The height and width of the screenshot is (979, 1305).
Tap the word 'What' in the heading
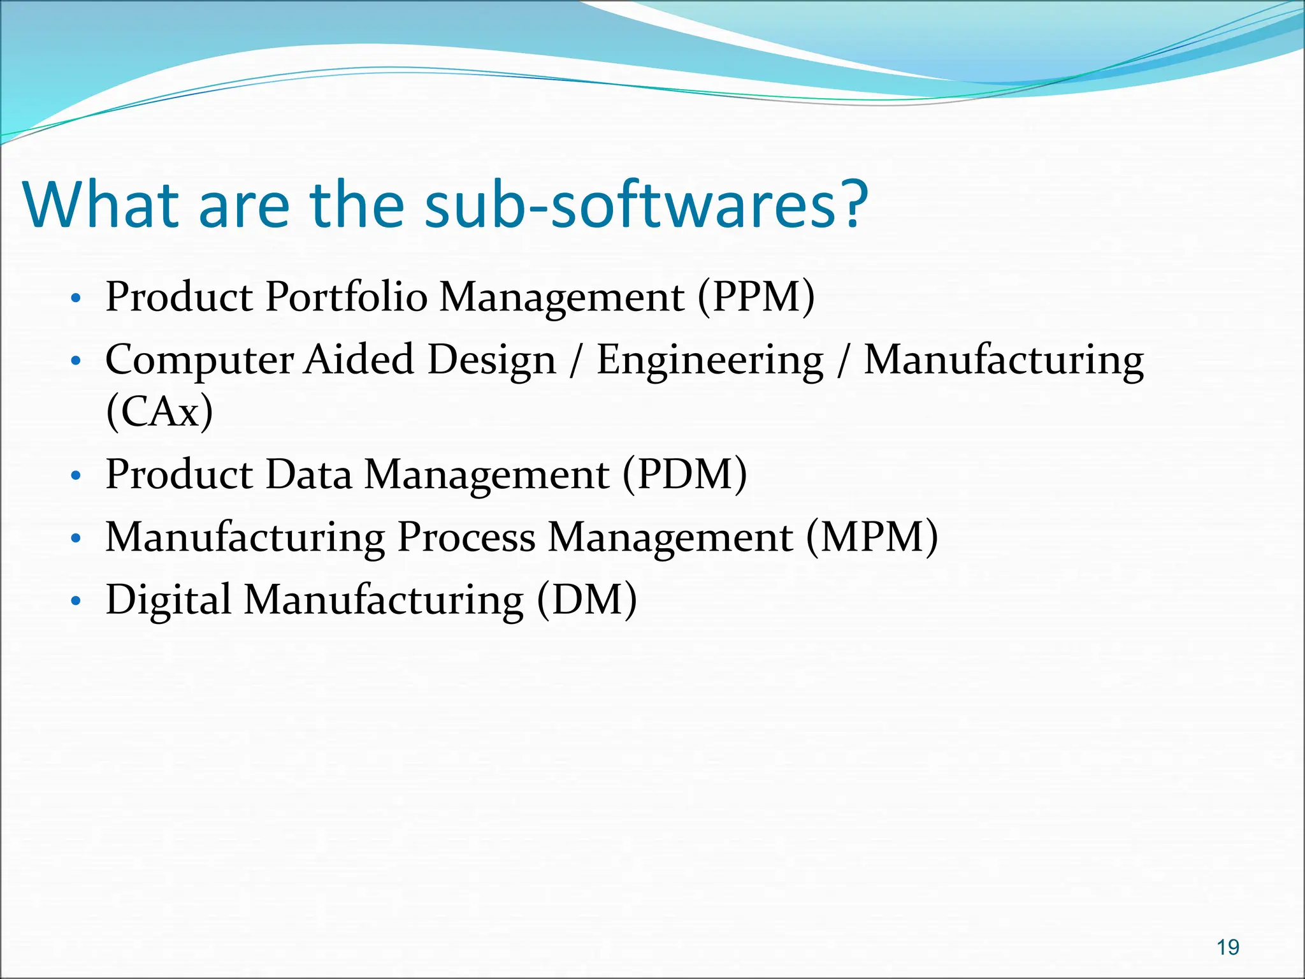(101, 205)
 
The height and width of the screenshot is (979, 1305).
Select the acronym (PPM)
(756, 297)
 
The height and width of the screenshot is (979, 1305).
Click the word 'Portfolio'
(346, 297)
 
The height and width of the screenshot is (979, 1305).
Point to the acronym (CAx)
(159, 412)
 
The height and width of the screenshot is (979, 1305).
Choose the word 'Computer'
(199, 361)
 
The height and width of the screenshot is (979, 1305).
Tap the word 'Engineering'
(709, 361)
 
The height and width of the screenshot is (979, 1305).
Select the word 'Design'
(491, 361)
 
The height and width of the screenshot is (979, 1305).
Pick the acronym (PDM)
(684, 474)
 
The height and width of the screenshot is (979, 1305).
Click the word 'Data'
(308, 474)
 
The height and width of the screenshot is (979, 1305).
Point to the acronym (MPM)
(872, 537)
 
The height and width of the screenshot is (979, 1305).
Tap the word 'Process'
(466, 537)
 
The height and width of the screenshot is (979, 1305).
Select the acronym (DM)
(586, 600)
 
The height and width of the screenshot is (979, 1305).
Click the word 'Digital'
(168, 600)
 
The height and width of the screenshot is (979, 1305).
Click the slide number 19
(1228, 947)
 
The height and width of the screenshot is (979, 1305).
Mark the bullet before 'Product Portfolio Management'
(76, 298)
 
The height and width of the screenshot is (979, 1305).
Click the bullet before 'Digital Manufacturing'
(76, 601)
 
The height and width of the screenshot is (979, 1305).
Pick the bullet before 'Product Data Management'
(76, 475)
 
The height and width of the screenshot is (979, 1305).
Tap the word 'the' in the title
(357, 205)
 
